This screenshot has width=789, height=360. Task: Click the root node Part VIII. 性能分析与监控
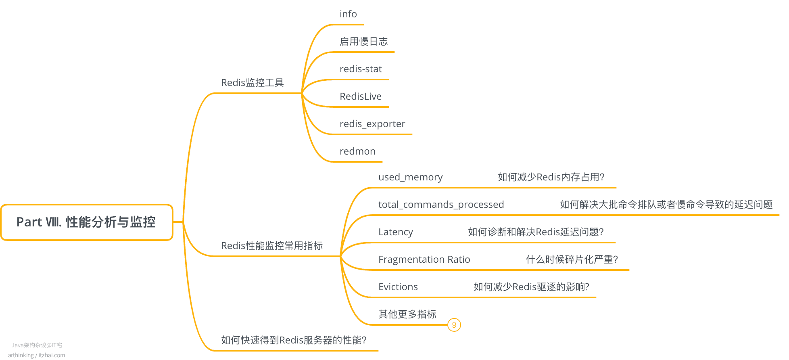point(87,222)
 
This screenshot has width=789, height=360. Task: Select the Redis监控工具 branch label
point(253,83)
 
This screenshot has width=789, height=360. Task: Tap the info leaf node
point(348,14)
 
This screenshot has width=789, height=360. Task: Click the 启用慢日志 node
point(363,42)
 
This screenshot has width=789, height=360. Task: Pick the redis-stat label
point(361,69)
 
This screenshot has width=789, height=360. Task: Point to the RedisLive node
point(361,96)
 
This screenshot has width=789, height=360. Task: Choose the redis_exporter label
point(372,124)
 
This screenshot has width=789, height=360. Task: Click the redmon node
point(357,151)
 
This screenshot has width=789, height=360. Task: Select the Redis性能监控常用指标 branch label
point(272,246)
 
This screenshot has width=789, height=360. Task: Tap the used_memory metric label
point(410,177)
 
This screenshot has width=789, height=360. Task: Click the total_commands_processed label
point(441,205)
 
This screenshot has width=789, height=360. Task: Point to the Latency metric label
point(396,232)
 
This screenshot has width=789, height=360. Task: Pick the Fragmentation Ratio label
point(424,260)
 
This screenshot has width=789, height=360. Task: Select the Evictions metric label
point(398,287)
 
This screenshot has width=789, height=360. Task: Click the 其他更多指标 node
point(407,314)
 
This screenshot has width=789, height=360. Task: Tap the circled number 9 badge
point(454,325)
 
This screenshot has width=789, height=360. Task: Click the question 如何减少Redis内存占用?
point(551,177)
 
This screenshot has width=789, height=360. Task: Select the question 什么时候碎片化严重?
point(572,260)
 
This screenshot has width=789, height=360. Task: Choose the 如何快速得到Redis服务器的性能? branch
point(294,340)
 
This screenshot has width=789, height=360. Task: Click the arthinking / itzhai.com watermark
point(36,355)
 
